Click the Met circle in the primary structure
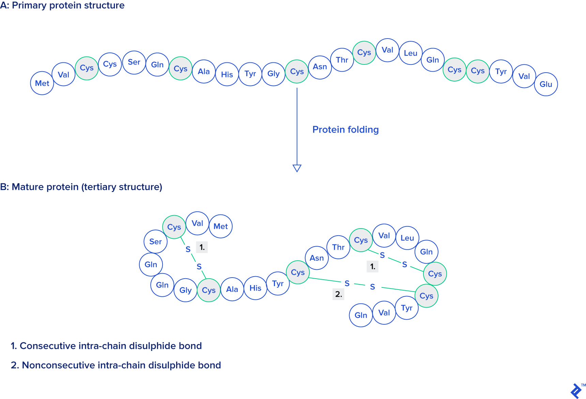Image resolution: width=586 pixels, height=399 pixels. click(42, 83)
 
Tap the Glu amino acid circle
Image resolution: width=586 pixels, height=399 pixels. click(546, 84)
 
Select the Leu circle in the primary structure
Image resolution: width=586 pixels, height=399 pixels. click(411, 53)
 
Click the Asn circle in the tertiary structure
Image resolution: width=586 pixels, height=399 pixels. click(317, 258)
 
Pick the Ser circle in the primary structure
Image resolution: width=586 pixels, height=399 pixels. click(134, 62)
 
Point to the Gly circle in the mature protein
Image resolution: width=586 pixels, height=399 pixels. click(185, 290)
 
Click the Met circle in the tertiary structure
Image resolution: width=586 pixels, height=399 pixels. click(220, 226)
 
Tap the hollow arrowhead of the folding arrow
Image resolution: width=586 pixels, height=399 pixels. click(297, 168)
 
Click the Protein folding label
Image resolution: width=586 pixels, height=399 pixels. click(345, 130)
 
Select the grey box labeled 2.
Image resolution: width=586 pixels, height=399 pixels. click(338, 294)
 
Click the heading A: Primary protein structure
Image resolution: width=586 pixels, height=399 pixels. click(62, 5)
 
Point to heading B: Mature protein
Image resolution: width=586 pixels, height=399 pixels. click(81, 187)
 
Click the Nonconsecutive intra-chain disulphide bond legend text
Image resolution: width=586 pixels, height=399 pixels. click(116, 365)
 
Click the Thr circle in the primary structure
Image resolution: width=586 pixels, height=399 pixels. click(342, 60)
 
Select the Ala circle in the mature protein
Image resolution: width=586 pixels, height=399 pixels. click(232, 290)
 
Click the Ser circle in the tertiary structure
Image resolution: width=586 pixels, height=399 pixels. click(155, 242)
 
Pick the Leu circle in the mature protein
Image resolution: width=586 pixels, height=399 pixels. click(407, 238)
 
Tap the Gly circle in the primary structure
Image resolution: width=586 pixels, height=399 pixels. click(274, 74)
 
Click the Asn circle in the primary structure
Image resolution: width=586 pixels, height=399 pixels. click(320, 67)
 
